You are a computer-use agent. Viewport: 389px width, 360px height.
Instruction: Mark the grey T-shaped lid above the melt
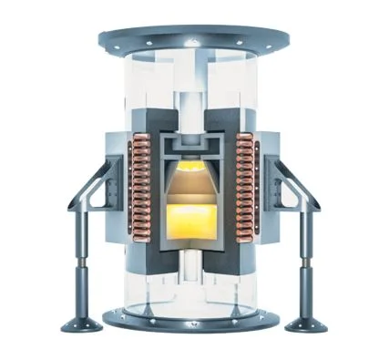click(194, 148)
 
